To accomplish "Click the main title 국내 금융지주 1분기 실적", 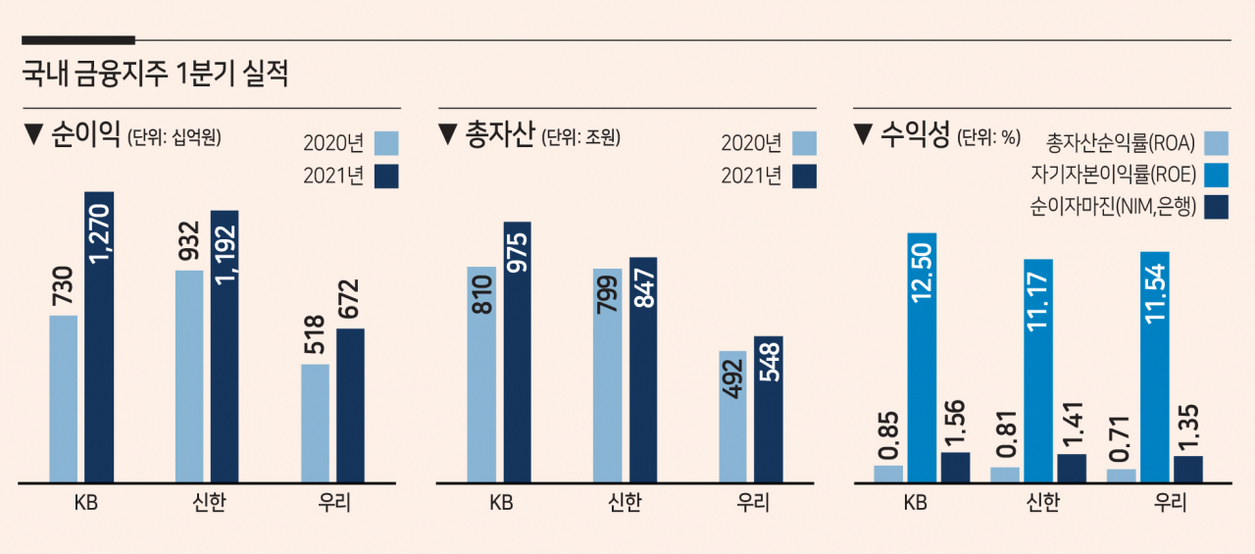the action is click(x=155, y=74).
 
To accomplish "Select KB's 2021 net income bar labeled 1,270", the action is click(x=99, y=337).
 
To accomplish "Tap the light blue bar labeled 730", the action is click(x=64, y=399).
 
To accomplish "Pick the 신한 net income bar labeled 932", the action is click(x=189, y=377).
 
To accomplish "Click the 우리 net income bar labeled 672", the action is click(x=350, y=406).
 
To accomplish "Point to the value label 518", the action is click(x=315, y=335).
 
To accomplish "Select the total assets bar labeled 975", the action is click(x=517, y=352).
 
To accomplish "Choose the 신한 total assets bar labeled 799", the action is click(x=607, y=376).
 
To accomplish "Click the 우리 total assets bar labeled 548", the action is click(x=769, y=410).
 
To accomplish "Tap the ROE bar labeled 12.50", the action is click(x=922, y=358).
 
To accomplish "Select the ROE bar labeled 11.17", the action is click(x=1038, y=371).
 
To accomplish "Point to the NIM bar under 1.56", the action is click(x=955, y=468).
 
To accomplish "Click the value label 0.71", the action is click(x=1120, y=439).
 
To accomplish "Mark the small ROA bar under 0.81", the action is click(x=1005, y=475).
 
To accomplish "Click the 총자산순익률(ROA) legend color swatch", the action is click(x=1217, y=143).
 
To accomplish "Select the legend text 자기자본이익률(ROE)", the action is click(x=1114, y=175).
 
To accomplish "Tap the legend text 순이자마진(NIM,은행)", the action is click(x=1113, y=207).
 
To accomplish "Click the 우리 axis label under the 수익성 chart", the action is click(x=1170, y=502).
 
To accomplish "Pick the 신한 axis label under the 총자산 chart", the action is click(x=625, y=502).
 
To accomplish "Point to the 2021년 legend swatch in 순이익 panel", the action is click(x=386, y=176).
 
